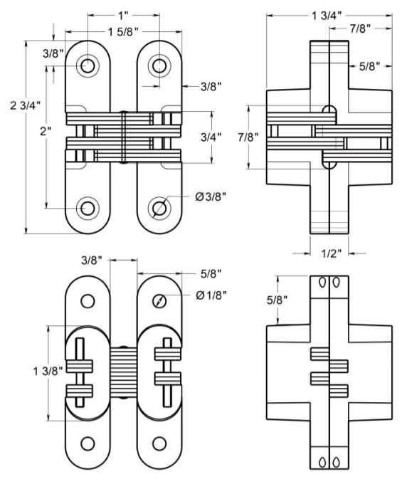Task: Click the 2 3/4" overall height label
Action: coord(26,105)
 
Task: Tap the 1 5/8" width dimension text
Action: coord(123,31)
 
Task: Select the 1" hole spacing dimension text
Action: coord(123,15)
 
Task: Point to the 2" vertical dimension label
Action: coord(46,132)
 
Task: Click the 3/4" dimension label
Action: coord(211,137)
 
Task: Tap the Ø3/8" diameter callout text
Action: coord(211,196)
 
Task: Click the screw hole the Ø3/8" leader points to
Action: coord(159,208)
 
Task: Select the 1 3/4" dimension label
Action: coord(327,15)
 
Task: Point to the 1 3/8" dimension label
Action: coord(48,371)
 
